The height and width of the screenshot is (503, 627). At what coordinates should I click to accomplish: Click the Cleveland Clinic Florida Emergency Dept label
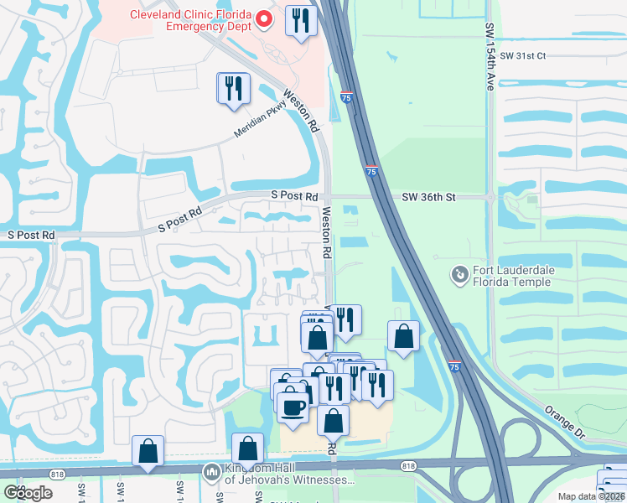coord(189,20)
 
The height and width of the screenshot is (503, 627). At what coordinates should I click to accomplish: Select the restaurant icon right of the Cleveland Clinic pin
coord(301,20)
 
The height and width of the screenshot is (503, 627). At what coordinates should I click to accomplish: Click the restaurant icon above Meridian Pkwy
coord(234,88)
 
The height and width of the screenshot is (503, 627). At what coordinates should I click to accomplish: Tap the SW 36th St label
coord(428,197)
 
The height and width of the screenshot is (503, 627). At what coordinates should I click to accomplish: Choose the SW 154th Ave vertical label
coord(490,57)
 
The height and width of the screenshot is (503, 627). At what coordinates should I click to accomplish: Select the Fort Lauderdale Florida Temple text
coord(510,276)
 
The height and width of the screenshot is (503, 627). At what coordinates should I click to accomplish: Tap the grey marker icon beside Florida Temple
coord(459,274)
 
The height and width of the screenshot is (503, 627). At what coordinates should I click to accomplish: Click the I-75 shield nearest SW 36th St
coord(371,171)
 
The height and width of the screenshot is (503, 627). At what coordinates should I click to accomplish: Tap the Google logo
coord(28,493)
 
